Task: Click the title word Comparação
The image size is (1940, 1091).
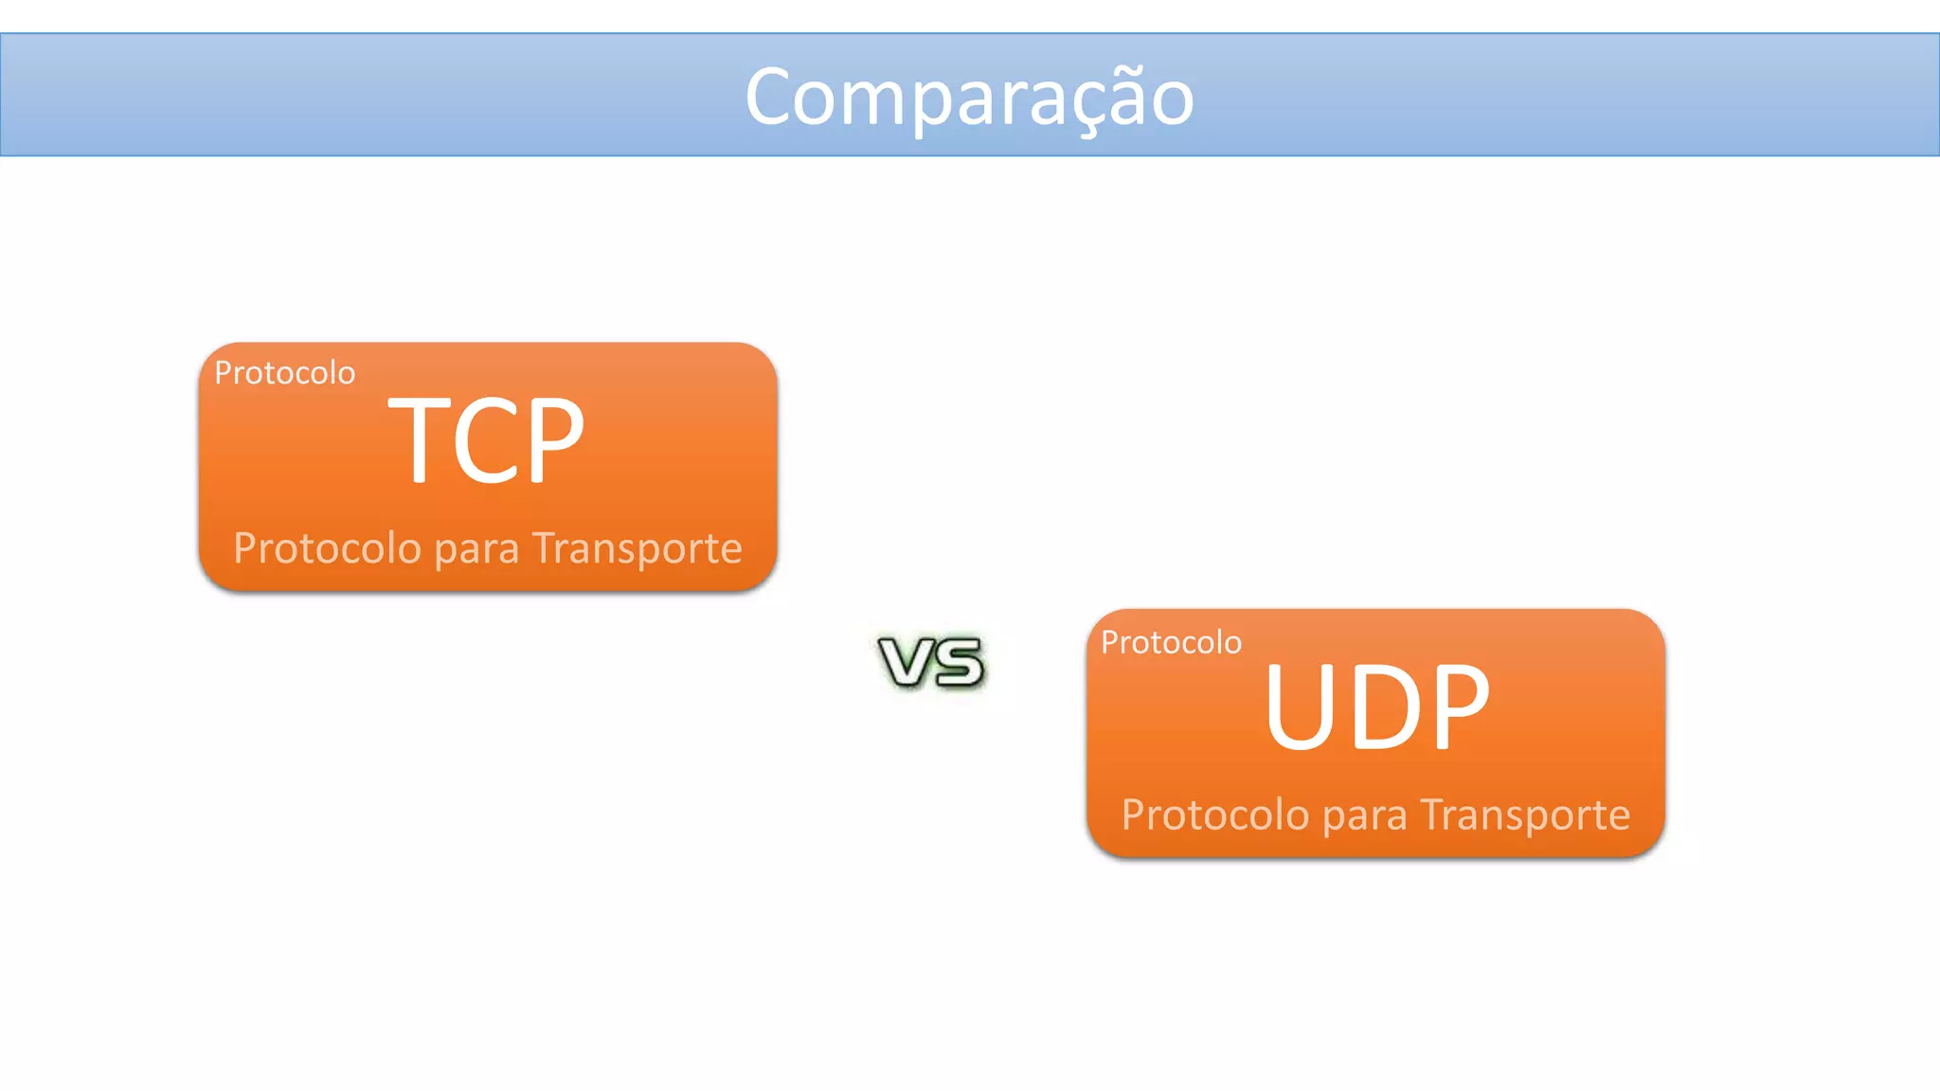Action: point(969,97)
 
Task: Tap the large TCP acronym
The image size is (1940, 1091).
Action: point(486,440)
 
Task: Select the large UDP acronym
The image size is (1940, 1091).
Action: point(1376,706)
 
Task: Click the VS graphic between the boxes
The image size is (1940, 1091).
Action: point(932,661)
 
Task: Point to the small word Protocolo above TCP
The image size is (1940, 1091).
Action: point(284,373)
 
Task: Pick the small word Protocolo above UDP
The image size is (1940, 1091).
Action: point(1171,643)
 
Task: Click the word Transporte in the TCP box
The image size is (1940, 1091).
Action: point(637,548)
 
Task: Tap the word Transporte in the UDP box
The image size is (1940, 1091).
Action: point(1524,815)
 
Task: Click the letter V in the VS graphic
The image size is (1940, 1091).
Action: point(907,661)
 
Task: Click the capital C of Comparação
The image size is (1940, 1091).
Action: point(775,97)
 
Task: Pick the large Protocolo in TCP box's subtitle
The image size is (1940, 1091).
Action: point(327,548)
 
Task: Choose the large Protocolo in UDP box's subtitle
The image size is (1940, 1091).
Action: point(1215,815)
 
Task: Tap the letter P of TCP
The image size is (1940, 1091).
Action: point(554,440)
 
